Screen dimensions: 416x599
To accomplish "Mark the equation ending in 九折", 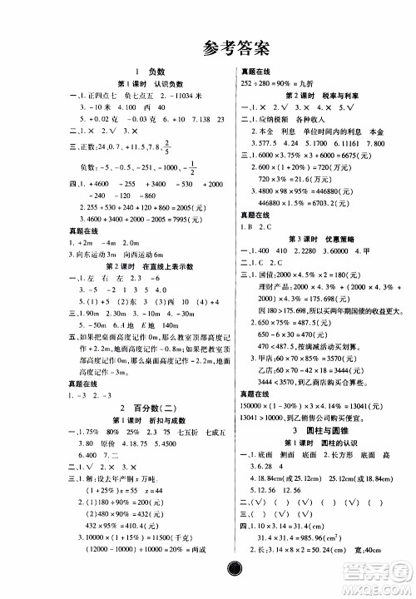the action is point(252,86).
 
